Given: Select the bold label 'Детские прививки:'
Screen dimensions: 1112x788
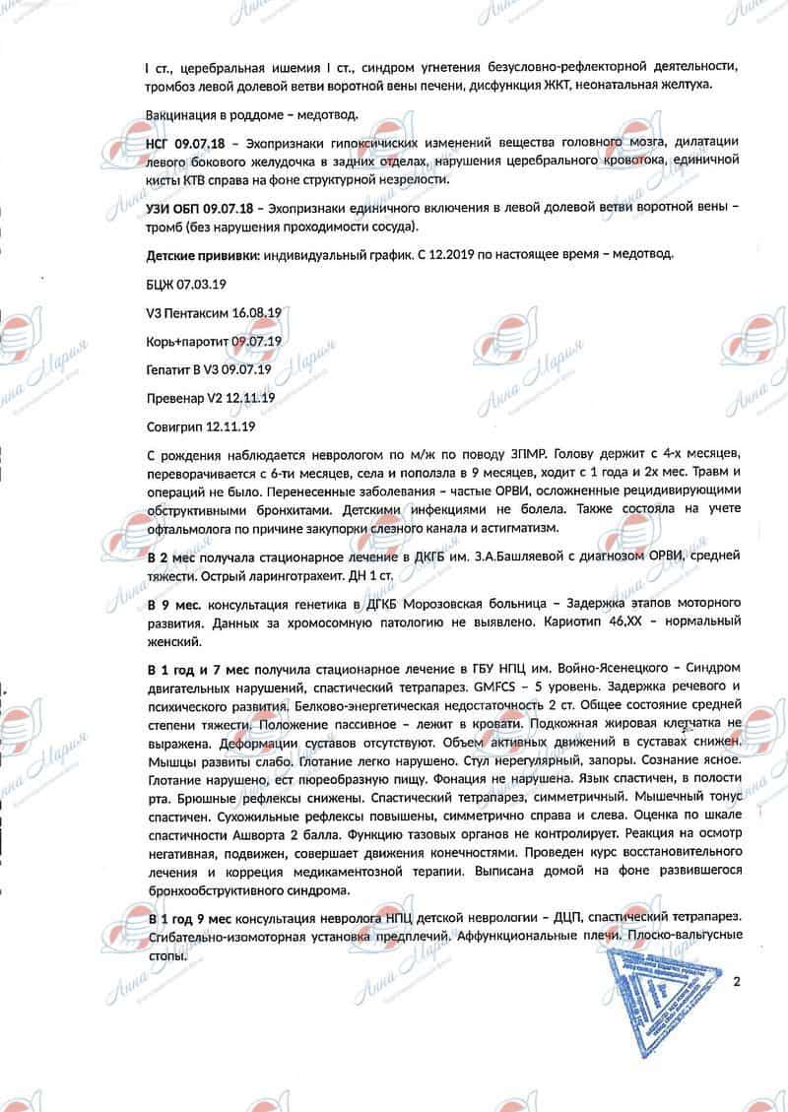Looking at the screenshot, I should (x=201, y=254).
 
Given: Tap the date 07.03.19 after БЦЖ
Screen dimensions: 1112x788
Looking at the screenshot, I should (x=203, y=283).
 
